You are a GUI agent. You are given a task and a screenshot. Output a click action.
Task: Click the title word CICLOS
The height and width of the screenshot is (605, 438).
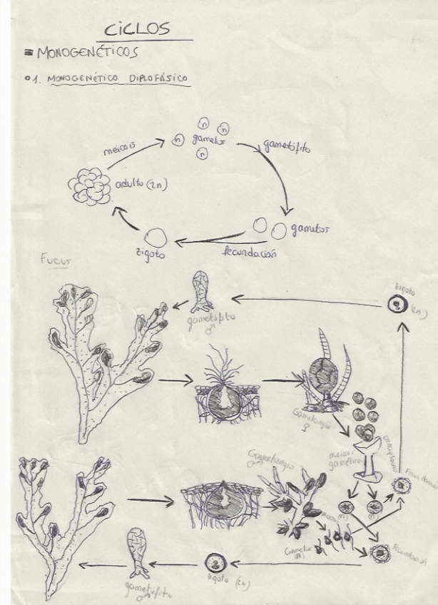pos(137,29)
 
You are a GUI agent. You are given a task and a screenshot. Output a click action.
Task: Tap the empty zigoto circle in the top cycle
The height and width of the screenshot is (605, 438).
pos(156,237)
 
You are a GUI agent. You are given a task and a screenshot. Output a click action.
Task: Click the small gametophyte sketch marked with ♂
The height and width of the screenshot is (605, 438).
pos(202,292)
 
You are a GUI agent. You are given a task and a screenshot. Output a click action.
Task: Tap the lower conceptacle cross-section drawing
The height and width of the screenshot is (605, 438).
pos(221,504)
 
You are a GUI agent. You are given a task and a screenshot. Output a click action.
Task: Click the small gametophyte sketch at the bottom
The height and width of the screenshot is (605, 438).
pos(137,553)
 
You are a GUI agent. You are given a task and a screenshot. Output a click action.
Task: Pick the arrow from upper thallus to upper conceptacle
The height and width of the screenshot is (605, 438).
pos(175,382)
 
